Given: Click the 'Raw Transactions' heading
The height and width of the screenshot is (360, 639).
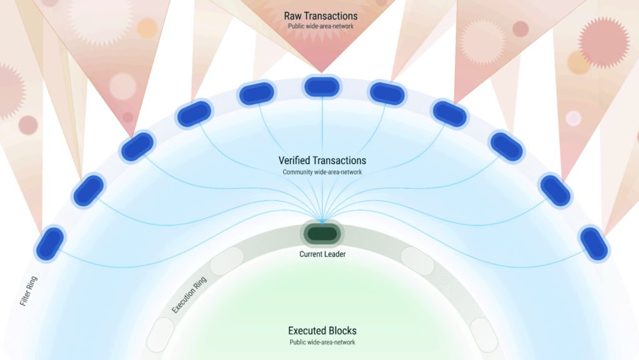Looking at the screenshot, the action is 321,16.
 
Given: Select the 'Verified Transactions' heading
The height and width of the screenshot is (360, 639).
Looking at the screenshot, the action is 323,160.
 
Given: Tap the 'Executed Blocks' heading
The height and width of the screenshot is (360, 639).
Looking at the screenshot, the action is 323,331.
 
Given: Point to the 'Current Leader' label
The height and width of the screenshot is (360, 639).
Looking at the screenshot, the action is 323,254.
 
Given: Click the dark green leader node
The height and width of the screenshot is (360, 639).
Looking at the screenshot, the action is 323,234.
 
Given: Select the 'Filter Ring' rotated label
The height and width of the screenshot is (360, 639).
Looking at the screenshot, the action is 29,291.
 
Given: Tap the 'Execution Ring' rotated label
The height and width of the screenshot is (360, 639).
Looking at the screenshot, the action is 189,295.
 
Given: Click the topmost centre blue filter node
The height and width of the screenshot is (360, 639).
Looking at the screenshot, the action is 322,87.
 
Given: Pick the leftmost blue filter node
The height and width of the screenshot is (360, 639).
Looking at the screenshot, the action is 50,243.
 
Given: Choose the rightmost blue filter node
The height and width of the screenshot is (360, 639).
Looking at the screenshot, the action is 594,243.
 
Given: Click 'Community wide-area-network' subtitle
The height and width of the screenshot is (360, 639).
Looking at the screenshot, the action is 323,172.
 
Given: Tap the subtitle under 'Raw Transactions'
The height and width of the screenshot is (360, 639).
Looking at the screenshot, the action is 321,26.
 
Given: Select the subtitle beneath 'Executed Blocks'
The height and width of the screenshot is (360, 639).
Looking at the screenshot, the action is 323,342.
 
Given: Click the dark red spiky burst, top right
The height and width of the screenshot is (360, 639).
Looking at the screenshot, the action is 604,42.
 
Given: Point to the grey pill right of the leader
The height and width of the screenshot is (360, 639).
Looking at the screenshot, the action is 417,261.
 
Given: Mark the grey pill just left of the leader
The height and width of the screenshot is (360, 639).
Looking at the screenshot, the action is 227,261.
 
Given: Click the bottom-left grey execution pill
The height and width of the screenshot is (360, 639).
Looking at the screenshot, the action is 160,335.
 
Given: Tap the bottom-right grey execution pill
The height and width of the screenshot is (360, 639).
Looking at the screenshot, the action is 484,335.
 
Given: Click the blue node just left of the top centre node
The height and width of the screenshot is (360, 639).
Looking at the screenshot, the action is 256,94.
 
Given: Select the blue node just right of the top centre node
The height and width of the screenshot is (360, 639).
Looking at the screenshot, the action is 387,94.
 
